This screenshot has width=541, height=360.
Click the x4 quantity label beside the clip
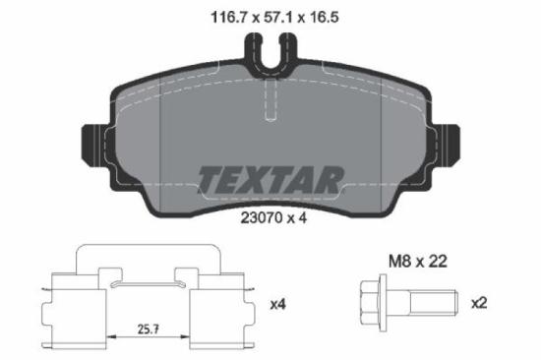coord(277,304)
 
